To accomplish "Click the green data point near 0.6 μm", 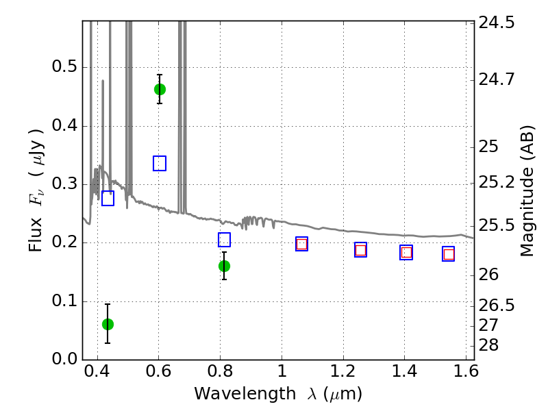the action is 160,90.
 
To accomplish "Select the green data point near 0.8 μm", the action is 224,266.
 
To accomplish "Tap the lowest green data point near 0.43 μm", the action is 108,324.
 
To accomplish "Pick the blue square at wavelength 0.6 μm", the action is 160,163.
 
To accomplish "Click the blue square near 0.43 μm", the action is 108,198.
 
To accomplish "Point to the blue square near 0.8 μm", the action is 224,240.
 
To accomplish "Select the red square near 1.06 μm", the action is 301,244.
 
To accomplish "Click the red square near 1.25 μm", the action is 360,250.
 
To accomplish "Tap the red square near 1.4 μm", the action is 406,252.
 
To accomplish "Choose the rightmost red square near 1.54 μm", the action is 449,254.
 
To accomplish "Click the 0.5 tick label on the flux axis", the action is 64,66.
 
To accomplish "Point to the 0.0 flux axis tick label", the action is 64,359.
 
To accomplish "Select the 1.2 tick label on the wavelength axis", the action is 343,371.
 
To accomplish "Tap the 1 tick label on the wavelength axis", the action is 282,371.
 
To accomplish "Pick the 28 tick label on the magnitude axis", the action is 488,345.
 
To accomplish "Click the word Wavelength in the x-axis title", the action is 245,394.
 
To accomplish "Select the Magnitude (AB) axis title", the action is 527,191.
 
